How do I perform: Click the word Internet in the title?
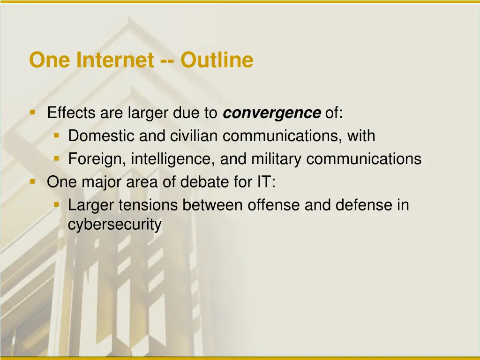pos(115,60)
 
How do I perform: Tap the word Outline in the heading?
pos(217,60)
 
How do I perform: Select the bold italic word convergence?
pos(272,113)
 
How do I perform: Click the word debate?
pos(204,182)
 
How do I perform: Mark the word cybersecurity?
pos(115,225)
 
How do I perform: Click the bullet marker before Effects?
pos(32,112)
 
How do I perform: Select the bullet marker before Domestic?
pos(56,136)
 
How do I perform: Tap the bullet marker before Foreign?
pos(56,159)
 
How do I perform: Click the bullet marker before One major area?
pos(32,181)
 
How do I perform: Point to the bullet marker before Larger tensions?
pos(56,205)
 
